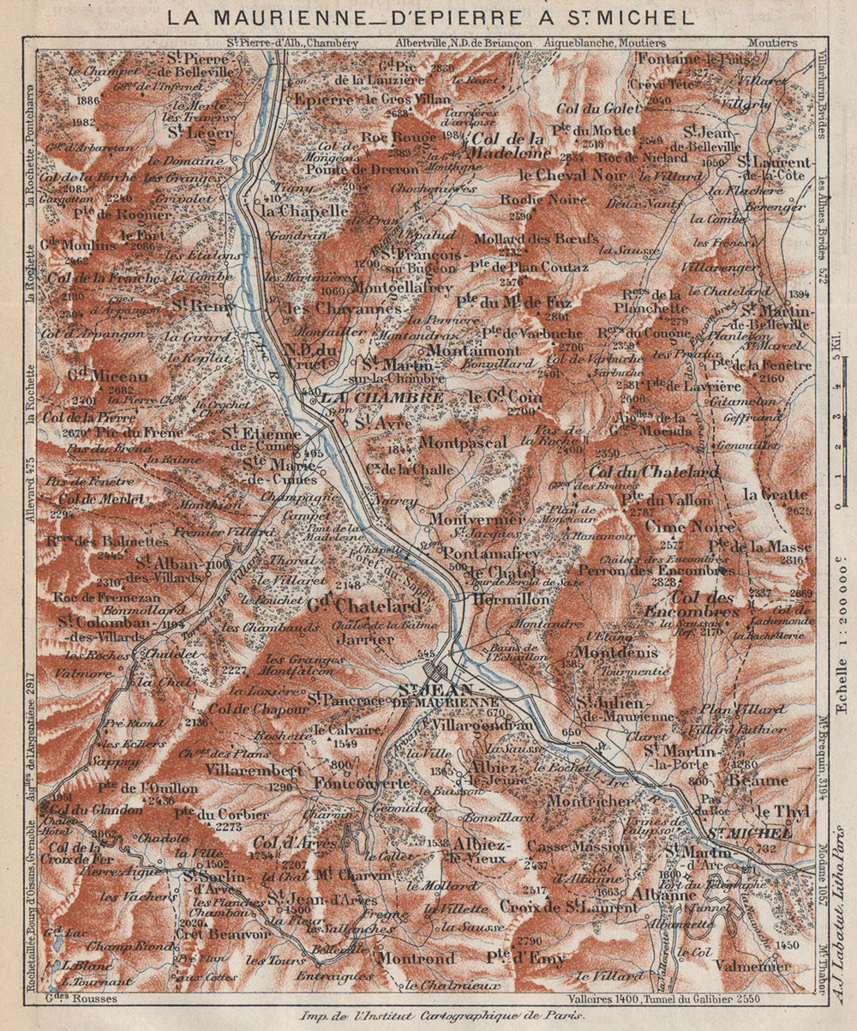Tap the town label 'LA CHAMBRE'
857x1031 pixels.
click(x=382, y=398)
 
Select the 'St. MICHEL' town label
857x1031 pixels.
click(x=748, y=833)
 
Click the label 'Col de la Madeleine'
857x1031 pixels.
click(x=509, y=146)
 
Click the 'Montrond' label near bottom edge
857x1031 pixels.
click(x=417, y=957)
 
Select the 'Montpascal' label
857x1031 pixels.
click(x=464, y=443)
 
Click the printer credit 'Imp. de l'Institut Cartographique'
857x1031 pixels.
click(x=441, y=1016)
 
